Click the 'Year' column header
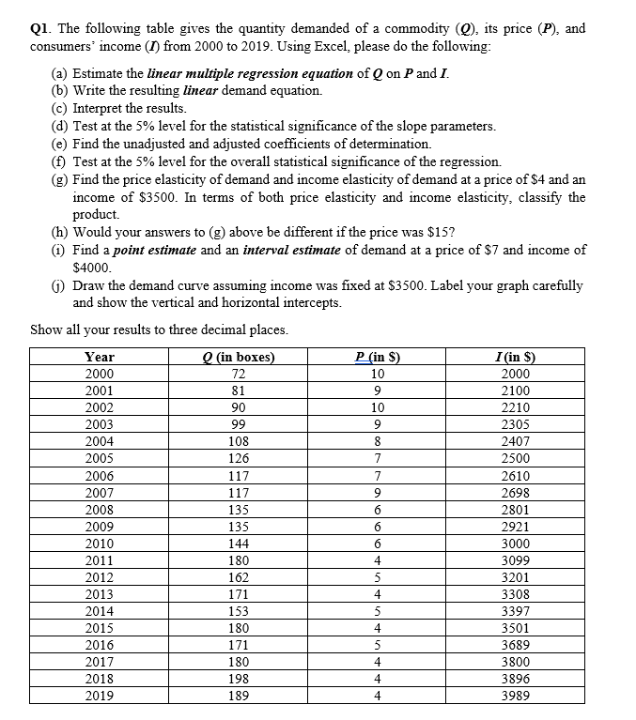(x=100, y=357)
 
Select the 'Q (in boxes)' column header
(x=239, y=357)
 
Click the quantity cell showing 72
(x=239, y=374)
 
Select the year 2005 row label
(x=100, y=458)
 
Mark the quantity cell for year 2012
(x=239, y=576)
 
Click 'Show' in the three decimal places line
(x=47, y=329)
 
